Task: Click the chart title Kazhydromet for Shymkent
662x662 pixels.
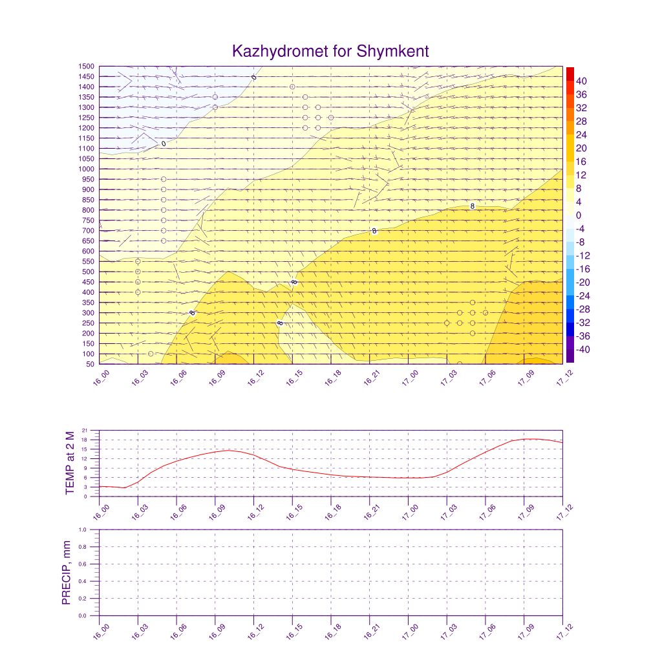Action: click(x=330, y=51)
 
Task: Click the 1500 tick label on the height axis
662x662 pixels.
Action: click(x=87, y=66)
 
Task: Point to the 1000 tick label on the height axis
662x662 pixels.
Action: click(x=87, y=169)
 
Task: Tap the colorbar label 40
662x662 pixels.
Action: click(x=581, y=81)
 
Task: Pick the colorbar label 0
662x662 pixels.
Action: click(x=579, y=215)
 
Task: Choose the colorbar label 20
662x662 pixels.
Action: click(x=581, y=148)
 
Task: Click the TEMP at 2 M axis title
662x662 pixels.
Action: click(x=70, y=463)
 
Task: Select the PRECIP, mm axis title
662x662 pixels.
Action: click(x=66, y=573)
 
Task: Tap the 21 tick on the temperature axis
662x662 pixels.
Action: click(x=87, y=431)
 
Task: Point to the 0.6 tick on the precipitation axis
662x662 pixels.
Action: click(x=83, y=564)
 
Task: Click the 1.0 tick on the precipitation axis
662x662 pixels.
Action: click(x=83, y=529)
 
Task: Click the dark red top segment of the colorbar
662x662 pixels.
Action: click(x=570, y=74)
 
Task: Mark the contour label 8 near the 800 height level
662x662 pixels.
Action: click(x=473, y=206)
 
